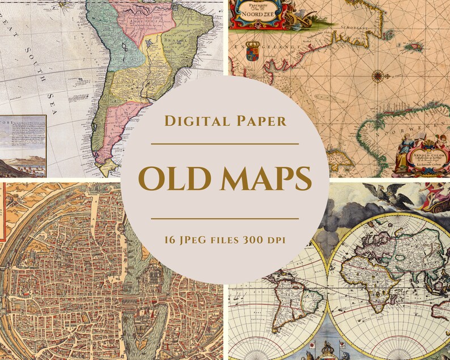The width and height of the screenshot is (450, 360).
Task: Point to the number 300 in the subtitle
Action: click(x=258, y=240)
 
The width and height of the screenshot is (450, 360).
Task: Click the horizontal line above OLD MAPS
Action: click(x=224, y=144)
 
